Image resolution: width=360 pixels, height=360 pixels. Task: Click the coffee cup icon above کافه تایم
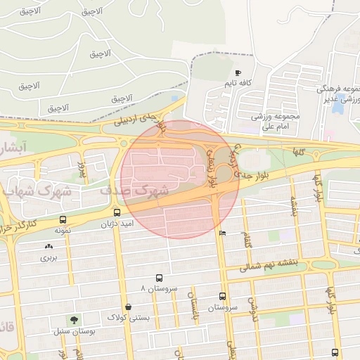click(x=238, y=73)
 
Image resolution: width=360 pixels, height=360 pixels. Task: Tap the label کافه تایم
click(x=238, y=84)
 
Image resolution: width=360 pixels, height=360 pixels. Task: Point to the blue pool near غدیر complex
click(x=338, y=106)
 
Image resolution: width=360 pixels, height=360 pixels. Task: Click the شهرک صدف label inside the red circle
click(x=144, y=191)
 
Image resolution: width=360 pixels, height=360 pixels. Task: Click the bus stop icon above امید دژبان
click(x=117, y=212)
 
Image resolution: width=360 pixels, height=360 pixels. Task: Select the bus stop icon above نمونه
click(x=64, y=220)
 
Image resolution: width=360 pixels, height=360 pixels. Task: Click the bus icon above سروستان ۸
click(x=159, y=278)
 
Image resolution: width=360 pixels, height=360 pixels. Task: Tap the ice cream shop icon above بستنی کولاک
click(x=127, y=307)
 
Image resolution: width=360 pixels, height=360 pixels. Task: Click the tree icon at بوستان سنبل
click(x=74, y=320)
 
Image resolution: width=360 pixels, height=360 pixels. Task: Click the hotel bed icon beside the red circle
click(x=223, y=233)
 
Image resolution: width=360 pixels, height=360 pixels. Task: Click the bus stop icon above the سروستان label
click(x=223, y=296)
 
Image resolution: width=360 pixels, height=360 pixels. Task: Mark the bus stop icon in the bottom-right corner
click(x=334, y=352)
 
